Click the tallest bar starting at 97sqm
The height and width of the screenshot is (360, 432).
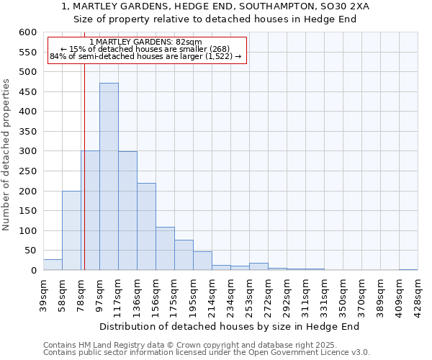(x=109, y=176)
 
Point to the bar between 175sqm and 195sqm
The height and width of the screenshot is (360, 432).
(x=184, y=255)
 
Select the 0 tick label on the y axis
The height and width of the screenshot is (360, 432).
(x=32, y=271)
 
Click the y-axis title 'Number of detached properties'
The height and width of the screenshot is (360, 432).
(x=6, y=156)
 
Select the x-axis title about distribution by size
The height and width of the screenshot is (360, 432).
(x=229, y=326)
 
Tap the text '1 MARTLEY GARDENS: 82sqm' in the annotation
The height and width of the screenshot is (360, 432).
(x=146, y=42)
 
